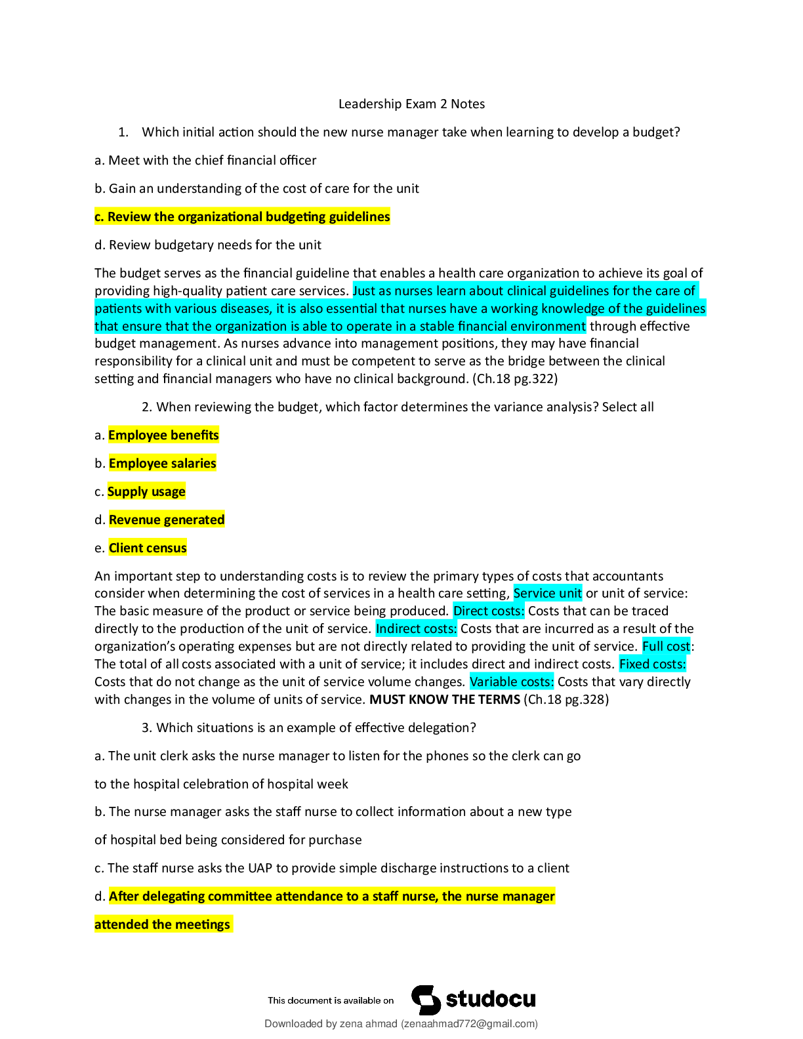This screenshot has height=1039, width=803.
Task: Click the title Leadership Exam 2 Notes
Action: pos(411,104)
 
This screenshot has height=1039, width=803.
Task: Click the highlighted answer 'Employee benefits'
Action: pos(163,435)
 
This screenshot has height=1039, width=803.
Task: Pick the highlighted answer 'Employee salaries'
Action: pos(163,463)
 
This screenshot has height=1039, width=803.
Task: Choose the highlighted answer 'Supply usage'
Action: pos(146,491)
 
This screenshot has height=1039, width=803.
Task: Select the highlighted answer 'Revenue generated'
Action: pos(167,519)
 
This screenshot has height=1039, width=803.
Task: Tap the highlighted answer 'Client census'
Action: pos(148,548)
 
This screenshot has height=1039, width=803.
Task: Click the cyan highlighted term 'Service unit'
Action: pos(548,594)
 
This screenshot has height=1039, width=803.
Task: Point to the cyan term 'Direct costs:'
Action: pos(489,611)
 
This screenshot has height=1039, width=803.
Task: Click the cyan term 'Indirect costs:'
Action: pos(416,629)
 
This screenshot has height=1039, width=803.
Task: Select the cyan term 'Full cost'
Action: pos(667,647)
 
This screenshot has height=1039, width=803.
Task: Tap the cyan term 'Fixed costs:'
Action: pos(652,664)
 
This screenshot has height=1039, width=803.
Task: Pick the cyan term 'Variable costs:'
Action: pos(512,682)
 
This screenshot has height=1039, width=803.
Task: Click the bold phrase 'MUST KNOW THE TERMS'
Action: pos(445,699)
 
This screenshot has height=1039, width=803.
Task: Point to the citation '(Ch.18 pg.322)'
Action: pos(515,378)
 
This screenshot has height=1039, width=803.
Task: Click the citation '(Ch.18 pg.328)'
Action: pos(566,699)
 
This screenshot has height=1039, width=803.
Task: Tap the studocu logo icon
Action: pos(426,1000)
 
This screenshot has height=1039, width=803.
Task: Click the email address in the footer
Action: pos(470,1024)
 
